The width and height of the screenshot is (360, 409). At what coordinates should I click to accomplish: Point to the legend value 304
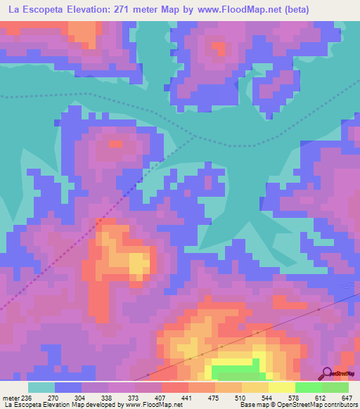tap(82, 396)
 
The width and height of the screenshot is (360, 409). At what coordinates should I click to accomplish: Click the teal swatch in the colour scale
tap(41, 387)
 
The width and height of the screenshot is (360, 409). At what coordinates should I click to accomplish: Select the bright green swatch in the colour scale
tap(309, 387)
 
